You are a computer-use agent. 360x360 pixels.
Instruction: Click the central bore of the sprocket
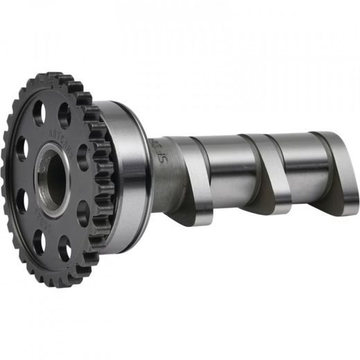point(55,179)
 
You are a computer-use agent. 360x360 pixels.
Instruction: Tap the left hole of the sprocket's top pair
point(39,113)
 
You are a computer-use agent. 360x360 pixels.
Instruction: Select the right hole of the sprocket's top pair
point(64,114)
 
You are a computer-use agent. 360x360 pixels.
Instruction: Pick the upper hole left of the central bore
point(23,147)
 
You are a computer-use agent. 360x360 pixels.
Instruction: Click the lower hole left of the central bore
point(21,201)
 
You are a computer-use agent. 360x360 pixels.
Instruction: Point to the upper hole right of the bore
point(84,153)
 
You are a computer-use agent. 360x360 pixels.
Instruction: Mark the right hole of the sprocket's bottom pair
point(64,246)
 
